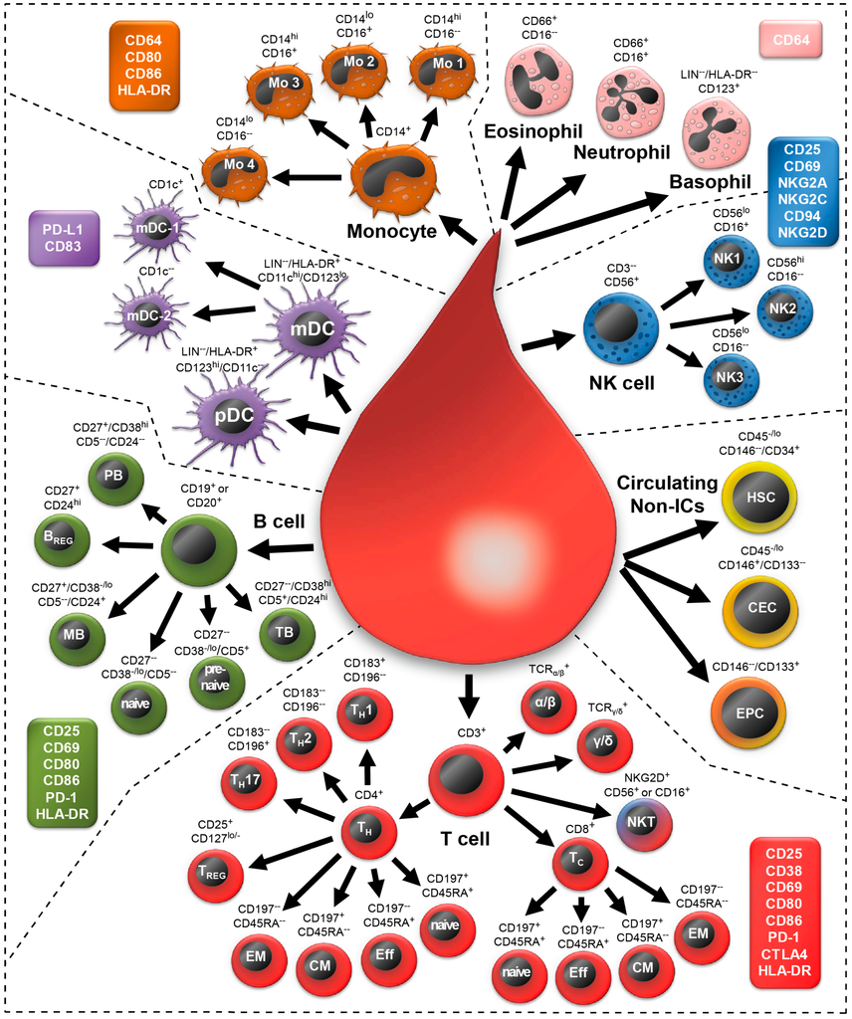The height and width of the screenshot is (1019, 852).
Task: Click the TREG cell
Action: (x=216, y=872)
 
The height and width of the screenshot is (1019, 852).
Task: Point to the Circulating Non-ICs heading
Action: (x=666, y=494)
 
